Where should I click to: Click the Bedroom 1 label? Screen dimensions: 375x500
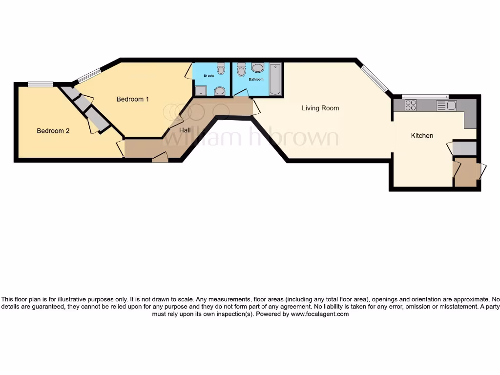[132, 99]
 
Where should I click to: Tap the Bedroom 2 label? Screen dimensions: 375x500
[53, 131]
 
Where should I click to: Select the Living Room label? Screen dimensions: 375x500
[320, 108]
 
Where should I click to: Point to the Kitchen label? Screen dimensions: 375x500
[422, 135]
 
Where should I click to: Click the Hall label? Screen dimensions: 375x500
[185, 130]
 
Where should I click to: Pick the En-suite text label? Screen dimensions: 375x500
[209, 76]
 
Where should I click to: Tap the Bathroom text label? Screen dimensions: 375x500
[256, 79]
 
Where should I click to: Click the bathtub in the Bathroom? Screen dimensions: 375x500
[275, 79]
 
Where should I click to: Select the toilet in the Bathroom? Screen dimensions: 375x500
[241, 70]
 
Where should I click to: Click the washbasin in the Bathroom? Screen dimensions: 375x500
[257, 67]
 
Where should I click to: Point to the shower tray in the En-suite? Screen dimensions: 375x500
[200, 90]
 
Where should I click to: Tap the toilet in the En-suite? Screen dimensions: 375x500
[221, 69]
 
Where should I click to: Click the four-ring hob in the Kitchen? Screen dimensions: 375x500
[410, 105]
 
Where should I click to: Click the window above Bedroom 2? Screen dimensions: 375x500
[41, 84]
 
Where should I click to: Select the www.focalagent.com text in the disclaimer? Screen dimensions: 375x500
[320, 314]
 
